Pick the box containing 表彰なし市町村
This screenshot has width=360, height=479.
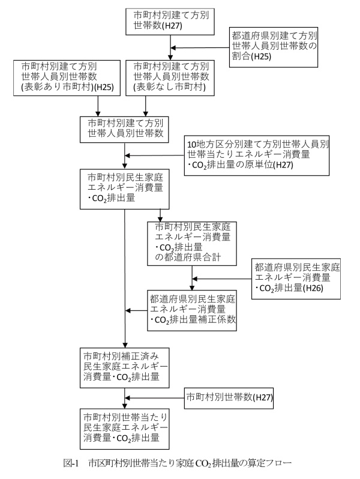[x=172, y=77]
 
